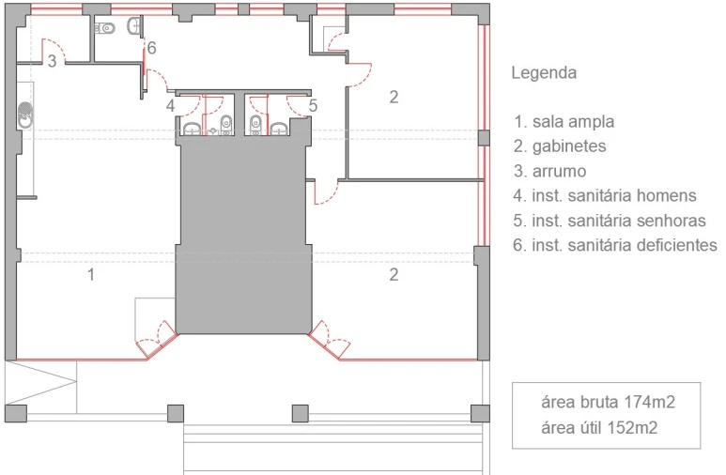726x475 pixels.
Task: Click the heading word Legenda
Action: (544, 72)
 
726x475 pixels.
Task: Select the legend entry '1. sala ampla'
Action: (564, 122)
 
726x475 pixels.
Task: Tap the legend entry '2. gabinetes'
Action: (560, 146)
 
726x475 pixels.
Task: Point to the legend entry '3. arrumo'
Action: (549, 171)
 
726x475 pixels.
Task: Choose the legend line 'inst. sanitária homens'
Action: (614, 196)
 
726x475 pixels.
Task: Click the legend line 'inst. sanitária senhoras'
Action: (619, 221)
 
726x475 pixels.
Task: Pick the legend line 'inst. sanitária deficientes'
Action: (625, 245)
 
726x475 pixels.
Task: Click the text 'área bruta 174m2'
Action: (608, 402)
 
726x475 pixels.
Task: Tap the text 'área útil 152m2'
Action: (599, 427)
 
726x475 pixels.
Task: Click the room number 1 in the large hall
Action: (91, 274)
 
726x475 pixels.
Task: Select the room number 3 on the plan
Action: (52, 61)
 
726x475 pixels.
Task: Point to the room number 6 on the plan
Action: (151, 48)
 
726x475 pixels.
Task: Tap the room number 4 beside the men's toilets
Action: (170, 105)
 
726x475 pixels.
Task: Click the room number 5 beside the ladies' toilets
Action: (313, 105)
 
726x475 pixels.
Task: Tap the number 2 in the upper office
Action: (394, 97)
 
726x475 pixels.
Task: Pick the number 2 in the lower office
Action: (394, 274)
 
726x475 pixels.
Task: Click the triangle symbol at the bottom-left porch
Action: (40, 382)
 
